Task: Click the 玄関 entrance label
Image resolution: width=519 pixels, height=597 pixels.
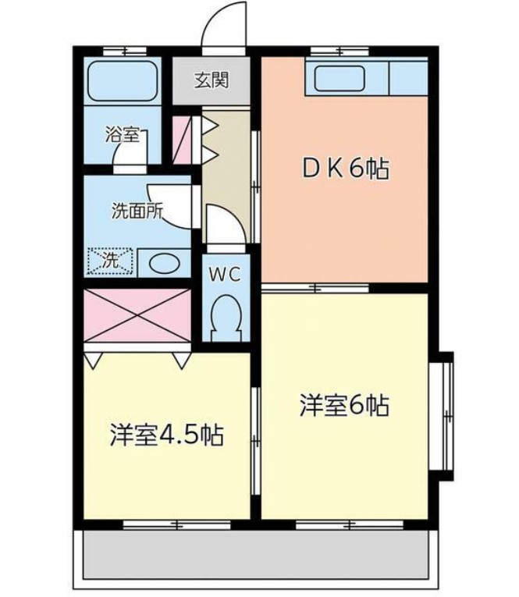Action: (x=212, y=80)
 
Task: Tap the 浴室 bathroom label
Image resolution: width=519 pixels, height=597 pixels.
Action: (x=123, y=134)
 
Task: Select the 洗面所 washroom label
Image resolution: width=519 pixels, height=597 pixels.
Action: (x=137, y=211)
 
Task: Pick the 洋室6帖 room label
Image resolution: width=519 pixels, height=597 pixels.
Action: (x=344, y=406)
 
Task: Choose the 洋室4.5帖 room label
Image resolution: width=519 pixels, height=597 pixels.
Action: (x=166, y=435)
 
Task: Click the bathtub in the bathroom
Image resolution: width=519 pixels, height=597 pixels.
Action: (x=123, y=80)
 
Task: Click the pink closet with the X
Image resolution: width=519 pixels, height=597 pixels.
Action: (x=137, y=315)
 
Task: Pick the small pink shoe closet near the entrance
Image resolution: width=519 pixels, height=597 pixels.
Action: (x=182, y=140)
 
